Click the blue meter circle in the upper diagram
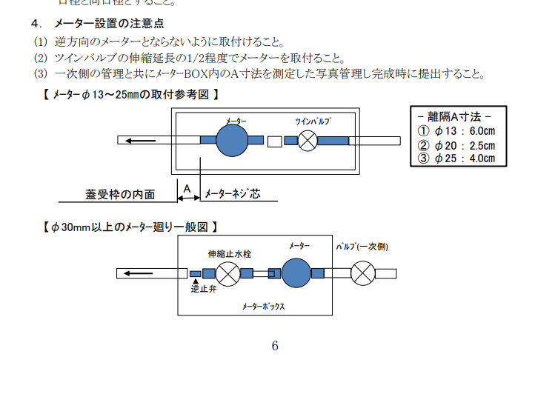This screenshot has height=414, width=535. (x=232, y=140)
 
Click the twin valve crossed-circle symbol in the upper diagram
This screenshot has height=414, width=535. (x=308, y=140)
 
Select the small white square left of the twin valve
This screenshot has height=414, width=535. (x=274, y=140)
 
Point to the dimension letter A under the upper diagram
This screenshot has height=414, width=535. (x=187, y=190)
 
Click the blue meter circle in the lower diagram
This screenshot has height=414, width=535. (x=296, y=273)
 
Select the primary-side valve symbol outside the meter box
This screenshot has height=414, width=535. (x=362, y=273)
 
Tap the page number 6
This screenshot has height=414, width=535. (x=275, y=346)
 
